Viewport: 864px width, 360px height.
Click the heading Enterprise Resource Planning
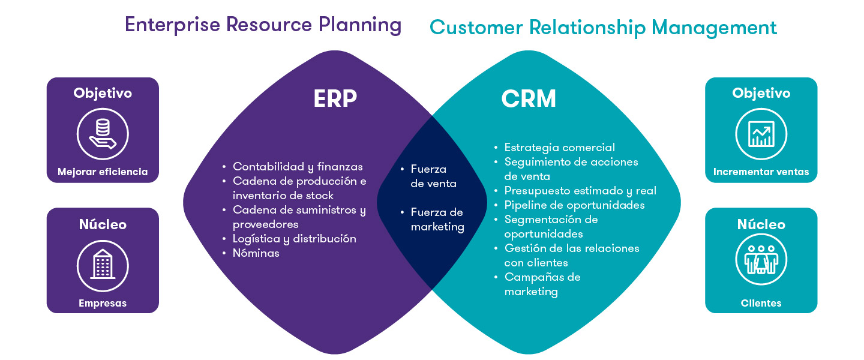coord(263,25)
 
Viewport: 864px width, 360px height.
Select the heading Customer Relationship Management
coord(603,28)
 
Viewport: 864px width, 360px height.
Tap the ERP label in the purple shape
coord(335,100)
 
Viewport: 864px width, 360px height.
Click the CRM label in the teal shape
coord(529,100)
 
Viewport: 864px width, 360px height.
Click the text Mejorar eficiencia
coord(103,172)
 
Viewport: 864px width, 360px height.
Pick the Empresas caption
coord(103,304)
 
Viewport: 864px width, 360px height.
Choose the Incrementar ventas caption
coord(761,172)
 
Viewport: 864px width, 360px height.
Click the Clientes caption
coord(761,304)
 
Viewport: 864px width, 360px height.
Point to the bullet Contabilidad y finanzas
coord(298,167)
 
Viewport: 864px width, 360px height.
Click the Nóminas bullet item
coord(256,253)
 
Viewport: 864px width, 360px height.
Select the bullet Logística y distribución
coord(295,239)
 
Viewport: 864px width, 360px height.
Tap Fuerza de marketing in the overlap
coord(437,220)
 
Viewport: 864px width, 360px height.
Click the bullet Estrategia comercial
coord(560,148)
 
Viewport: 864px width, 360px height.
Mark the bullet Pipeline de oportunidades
coord(574,205)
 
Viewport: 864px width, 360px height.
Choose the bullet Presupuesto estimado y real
coord(580,191)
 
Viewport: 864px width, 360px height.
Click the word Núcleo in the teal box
coord(761,224)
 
